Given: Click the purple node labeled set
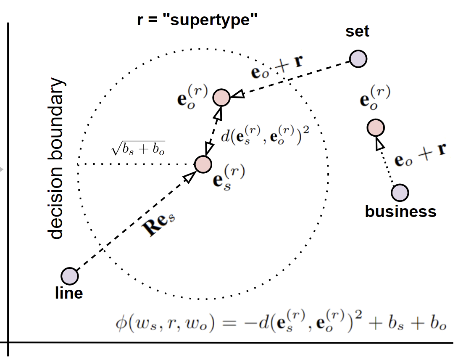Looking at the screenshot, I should [358, 58].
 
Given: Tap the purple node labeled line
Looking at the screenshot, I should [70, 276].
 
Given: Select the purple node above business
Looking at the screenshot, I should [400, 193].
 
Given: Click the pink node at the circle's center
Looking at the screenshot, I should [203, 164].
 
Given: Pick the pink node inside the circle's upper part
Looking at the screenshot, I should [221, 98].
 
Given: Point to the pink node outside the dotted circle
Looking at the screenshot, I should [376, 127].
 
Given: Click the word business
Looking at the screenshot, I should [400, 211].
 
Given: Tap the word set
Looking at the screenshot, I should [358, 32].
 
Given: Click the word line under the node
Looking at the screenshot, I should [69, 293].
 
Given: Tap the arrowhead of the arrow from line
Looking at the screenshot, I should [189, 177].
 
